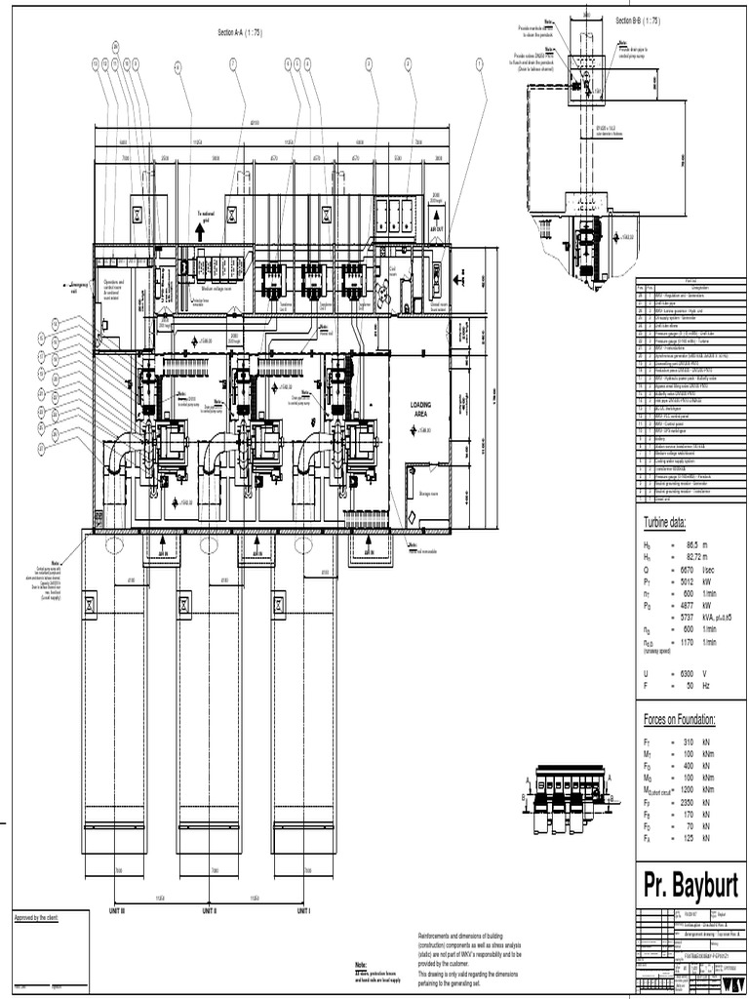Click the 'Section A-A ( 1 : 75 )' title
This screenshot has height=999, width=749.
point(240,33)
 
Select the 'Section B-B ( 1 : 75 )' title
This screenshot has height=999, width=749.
point(638,20)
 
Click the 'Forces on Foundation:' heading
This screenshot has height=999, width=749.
point(680,720)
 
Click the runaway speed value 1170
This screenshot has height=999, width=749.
point(686,643)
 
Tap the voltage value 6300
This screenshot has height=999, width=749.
point(686,674)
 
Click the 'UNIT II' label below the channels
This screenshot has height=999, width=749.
point(208,910)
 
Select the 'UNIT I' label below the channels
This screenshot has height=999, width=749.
point(303,910)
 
